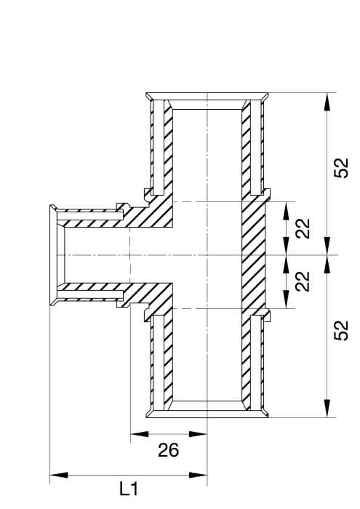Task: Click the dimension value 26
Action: (169, 450)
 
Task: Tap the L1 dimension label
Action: (129, 489)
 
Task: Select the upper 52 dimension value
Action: (341, 168)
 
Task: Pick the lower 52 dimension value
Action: (341, 330)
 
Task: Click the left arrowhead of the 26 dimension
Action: (139, 433)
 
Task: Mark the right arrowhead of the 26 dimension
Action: (198, 433)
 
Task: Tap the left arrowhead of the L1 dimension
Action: (59, 475)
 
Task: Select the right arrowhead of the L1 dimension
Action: (198, 475)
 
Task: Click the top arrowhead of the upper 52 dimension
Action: (327, 103)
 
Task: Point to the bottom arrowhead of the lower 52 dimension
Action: (327, 408)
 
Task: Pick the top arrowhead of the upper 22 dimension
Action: (286, 211)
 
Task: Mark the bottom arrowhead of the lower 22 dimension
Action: (286, 299)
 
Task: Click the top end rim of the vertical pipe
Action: (207, 97)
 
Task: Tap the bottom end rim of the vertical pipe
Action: (207, 414)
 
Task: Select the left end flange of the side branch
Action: (53, 255)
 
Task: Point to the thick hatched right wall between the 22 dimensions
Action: (254, 255)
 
